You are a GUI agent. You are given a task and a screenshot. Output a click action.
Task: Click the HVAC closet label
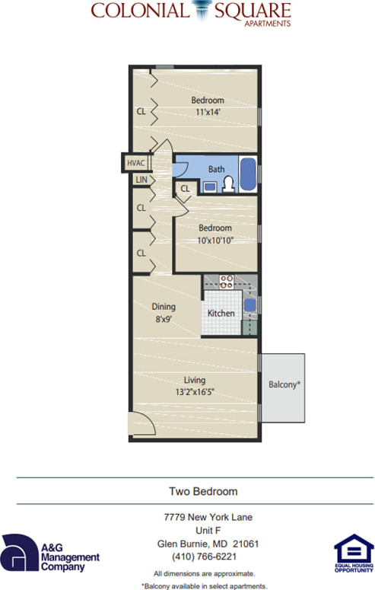click(136, 164)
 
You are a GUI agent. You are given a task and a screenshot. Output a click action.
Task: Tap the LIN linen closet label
click(141, 180)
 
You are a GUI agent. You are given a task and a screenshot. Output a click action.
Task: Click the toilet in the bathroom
click(228, 183)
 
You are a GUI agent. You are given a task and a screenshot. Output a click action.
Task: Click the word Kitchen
click(221, 313)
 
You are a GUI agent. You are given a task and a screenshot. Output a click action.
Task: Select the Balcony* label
click(284, 384)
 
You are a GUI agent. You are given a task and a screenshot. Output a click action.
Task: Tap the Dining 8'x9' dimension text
click(164, 321)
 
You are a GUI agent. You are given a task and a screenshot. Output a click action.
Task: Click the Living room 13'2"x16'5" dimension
click(194, 393)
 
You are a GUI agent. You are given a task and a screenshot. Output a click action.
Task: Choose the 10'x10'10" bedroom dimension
click(215, 241)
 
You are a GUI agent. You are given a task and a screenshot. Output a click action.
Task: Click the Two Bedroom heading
click(202, 491)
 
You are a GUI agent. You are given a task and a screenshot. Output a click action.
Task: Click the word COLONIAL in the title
click(139, 11)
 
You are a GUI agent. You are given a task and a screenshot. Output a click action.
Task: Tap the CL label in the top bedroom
click(141, 111)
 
